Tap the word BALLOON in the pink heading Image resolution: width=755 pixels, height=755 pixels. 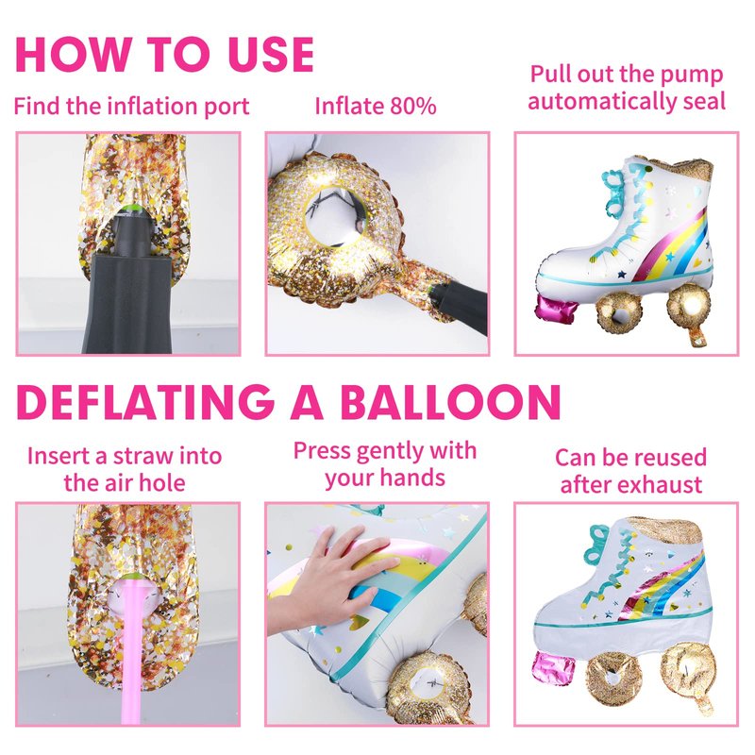tap(451, 403)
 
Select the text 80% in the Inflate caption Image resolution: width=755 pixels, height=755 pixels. tap(412, 106)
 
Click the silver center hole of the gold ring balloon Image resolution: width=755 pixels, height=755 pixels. tap(336, 214)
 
